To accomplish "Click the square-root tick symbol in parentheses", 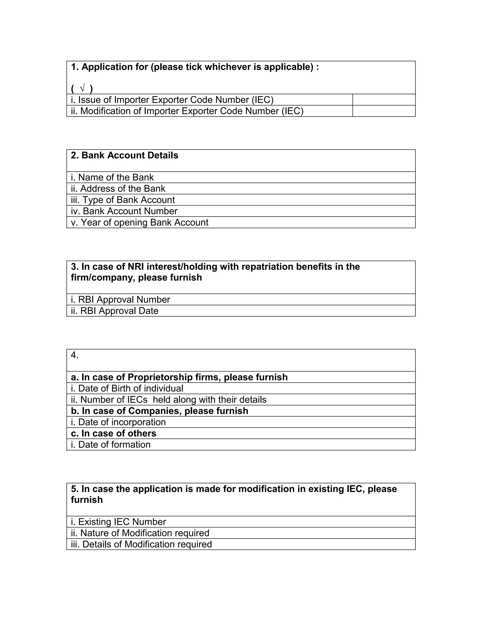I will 82,89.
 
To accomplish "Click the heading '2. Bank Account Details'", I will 125,155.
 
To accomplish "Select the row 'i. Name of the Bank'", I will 112,177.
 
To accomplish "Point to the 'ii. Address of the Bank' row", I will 118,189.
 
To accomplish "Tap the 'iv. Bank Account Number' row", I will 124,211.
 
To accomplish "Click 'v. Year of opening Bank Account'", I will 140,222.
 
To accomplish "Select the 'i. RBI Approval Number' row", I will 120,300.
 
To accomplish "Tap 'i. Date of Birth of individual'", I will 127,389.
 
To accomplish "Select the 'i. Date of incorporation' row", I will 118,422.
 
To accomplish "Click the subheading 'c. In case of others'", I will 113,433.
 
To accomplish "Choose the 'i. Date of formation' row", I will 111,445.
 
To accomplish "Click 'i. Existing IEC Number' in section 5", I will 118,522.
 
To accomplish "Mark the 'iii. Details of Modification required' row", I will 141,544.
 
